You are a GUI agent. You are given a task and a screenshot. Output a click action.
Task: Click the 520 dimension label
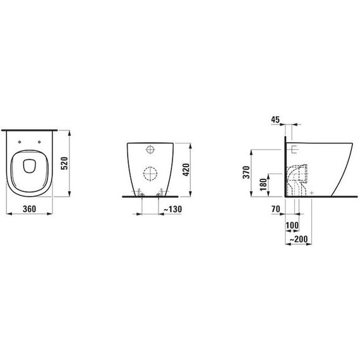coord(66,163)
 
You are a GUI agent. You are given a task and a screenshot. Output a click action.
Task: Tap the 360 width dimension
coord(30,209)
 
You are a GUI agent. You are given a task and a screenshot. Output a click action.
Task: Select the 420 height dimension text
coord(186,170)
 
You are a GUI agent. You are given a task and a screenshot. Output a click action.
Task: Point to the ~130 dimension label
coord(172,209)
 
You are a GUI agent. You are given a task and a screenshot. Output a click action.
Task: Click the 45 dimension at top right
coord(275,119)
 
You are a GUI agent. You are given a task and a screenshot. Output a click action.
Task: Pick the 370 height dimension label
coord(246,172)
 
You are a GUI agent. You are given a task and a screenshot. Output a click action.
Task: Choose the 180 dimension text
coord(263,184)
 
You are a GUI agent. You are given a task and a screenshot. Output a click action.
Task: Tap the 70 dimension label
coord(276,209)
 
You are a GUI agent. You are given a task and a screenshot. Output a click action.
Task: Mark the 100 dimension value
coord(292,225)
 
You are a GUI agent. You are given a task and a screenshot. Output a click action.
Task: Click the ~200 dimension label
coord(298,239)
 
